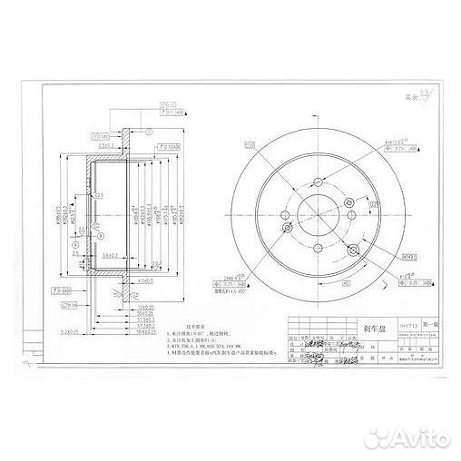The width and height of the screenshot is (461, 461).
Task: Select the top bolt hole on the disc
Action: pyautogui.click(x=318, y=181)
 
